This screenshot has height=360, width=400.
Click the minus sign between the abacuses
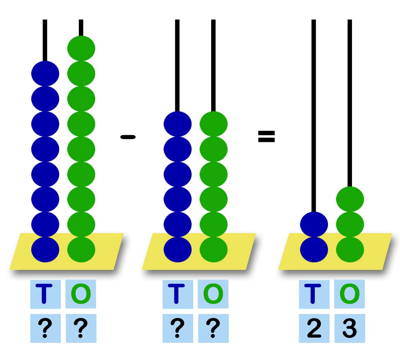click(128, 137)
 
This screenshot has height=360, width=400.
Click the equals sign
click(266, 137)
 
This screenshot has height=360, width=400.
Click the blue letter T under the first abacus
click(45, 294)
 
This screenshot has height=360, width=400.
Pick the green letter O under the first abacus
click(81, 294)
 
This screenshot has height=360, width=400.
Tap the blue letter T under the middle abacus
click(177, 294)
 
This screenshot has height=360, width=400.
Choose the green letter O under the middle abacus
click(213, 294)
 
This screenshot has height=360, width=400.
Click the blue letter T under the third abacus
click(314, 294)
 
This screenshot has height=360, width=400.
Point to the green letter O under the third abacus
click(350, 294)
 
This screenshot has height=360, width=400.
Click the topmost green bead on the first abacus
click(81, 48)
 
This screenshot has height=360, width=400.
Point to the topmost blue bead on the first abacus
click(45, 74)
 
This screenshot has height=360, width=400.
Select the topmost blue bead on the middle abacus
click(177, 124)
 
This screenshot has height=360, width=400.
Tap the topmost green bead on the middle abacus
click(213, 124)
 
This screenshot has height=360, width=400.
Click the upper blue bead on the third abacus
click(314, 224)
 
